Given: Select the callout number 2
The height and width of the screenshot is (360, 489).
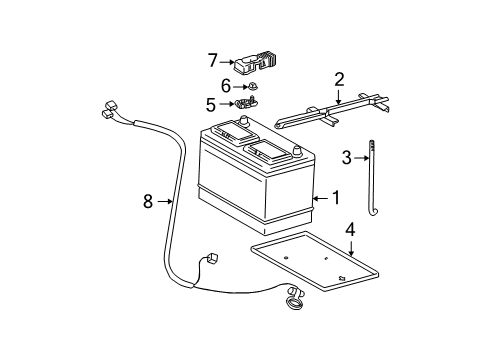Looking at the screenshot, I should (x=339, y=78).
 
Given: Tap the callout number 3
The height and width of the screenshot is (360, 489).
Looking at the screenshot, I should (x=346, y=157).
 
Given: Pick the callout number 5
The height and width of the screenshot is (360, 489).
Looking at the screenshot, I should (x=211, y=103).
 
